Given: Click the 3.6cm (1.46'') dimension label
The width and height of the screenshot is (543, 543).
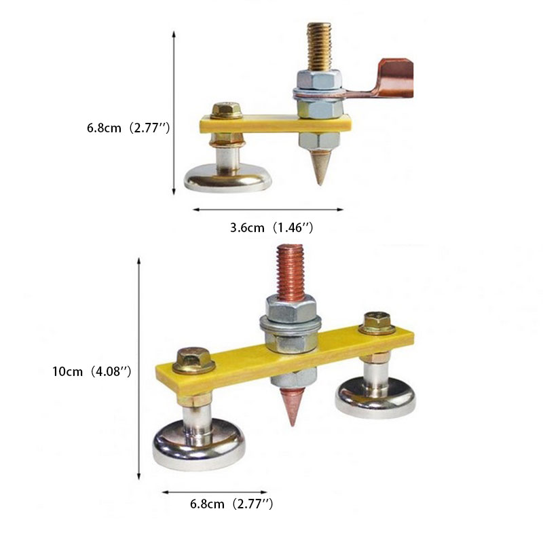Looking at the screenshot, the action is [x=271, y=228].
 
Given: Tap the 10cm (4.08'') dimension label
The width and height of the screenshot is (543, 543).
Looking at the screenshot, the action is [x=92, y=371].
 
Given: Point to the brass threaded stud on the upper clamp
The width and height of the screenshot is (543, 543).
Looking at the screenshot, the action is [x=319, y=47].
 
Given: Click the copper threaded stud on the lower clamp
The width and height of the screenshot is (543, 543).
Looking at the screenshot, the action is [x=291, y=273].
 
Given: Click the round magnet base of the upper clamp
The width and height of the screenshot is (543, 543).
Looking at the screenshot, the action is [x=228, y=179].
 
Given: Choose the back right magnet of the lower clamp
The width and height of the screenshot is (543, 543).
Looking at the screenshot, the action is [x=375, y=398].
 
